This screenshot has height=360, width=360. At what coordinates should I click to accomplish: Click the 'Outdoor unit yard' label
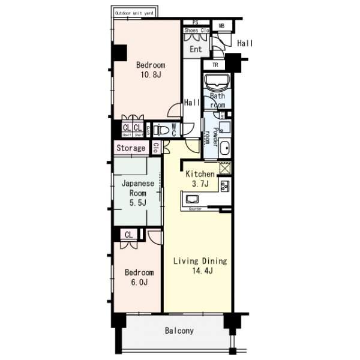coord(133,12)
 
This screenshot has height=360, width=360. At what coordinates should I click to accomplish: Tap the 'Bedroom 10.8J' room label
coord(150,70)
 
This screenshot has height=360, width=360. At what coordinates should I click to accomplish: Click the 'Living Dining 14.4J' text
coord(200,266)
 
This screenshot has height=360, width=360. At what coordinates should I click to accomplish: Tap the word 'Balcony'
coord(179,331)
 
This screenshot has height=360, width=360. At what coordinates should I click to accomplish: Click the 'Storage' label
coord(130,148)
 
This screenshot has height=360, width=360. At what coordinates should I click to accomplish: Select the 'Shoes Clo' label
coord(196,30)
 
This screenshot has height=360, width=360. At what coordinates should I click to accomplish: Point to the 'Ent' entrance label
coord(196,49)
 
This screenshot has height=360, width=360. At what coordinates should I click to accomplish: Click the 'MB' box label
coord(221,26)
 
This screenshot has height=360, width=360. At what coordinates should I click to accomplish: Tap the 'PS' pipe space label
coord(196,23)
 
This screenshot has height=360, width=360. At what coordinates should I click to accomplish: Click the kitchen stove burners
coord(225,185)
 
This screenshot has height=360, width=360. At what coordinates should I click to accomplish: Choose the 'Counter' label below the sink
coord(195,209)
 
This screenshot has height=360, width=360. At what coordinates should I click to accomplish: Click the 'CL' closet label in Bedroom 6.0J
coord(129,235)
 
